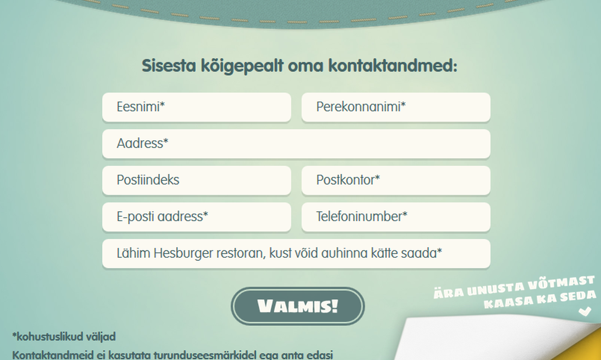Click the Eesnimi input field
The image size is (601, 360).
click(197, 107)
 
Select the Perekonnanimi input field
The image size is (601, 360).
click(396, 107)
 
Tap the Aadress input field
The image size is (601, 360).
click(296, 144)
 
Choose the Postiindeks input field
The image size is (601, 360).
click(197, 180)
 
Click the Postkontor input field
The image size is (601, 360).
click(396, 180)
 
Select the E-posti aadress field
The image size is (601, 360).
click(197, 217)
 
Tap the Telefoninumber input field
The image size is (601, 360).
click(396, 217)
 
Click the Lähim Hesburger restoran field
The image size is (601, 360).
click(296, 253)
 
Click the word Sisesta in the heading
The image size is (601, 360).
click(169, 65)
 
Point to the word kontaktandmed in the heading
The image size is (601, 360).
click(393, 65)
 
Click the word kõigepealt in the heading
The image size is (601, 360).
click(242, 66)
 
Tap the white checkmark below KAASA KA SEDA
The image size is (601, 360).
click(585, 311)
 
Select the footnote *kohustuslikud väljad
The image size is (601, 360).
click(64, 337)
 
